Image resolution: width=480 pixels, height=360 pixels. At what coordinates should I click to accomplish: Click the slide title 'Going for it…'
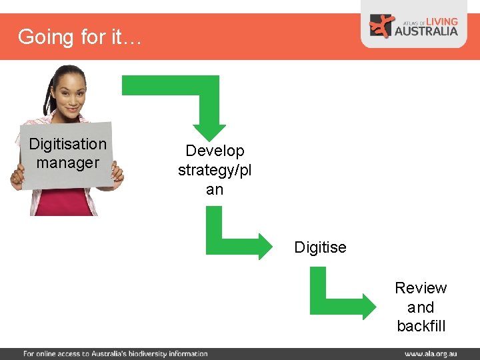79,37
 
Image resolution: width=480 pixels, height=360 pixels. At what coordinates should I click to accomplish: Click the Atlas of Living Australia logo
414,26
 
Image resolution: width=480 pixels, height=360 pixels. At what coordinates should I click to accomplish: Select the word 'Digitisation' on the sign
68,144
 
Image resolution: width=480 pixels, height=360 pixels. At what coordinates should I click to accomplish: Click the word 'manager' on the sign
68,163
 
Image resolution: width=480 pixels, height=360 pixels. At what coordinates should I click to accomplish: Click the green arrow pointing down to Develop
200,100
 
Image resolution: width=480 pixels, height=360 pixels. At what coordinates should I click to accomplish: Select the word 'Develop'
215,151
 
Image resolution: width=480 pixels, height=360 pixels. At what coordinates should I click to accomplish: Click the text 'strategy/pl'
215,171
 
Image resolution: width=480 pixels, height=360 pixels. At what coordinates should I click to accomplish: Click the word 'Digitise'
321,247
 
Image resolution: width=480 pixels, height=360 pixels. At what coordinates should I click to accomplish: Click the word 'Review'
421,288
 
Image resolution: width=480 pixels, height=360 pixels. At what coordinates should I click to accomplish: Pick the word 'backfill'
421,326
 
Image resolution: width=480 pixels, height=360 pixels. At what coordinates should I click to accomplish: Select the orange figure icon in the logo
382,26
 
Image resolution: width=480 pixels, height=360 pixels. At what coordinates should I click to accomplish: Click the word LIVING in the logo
442,21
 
